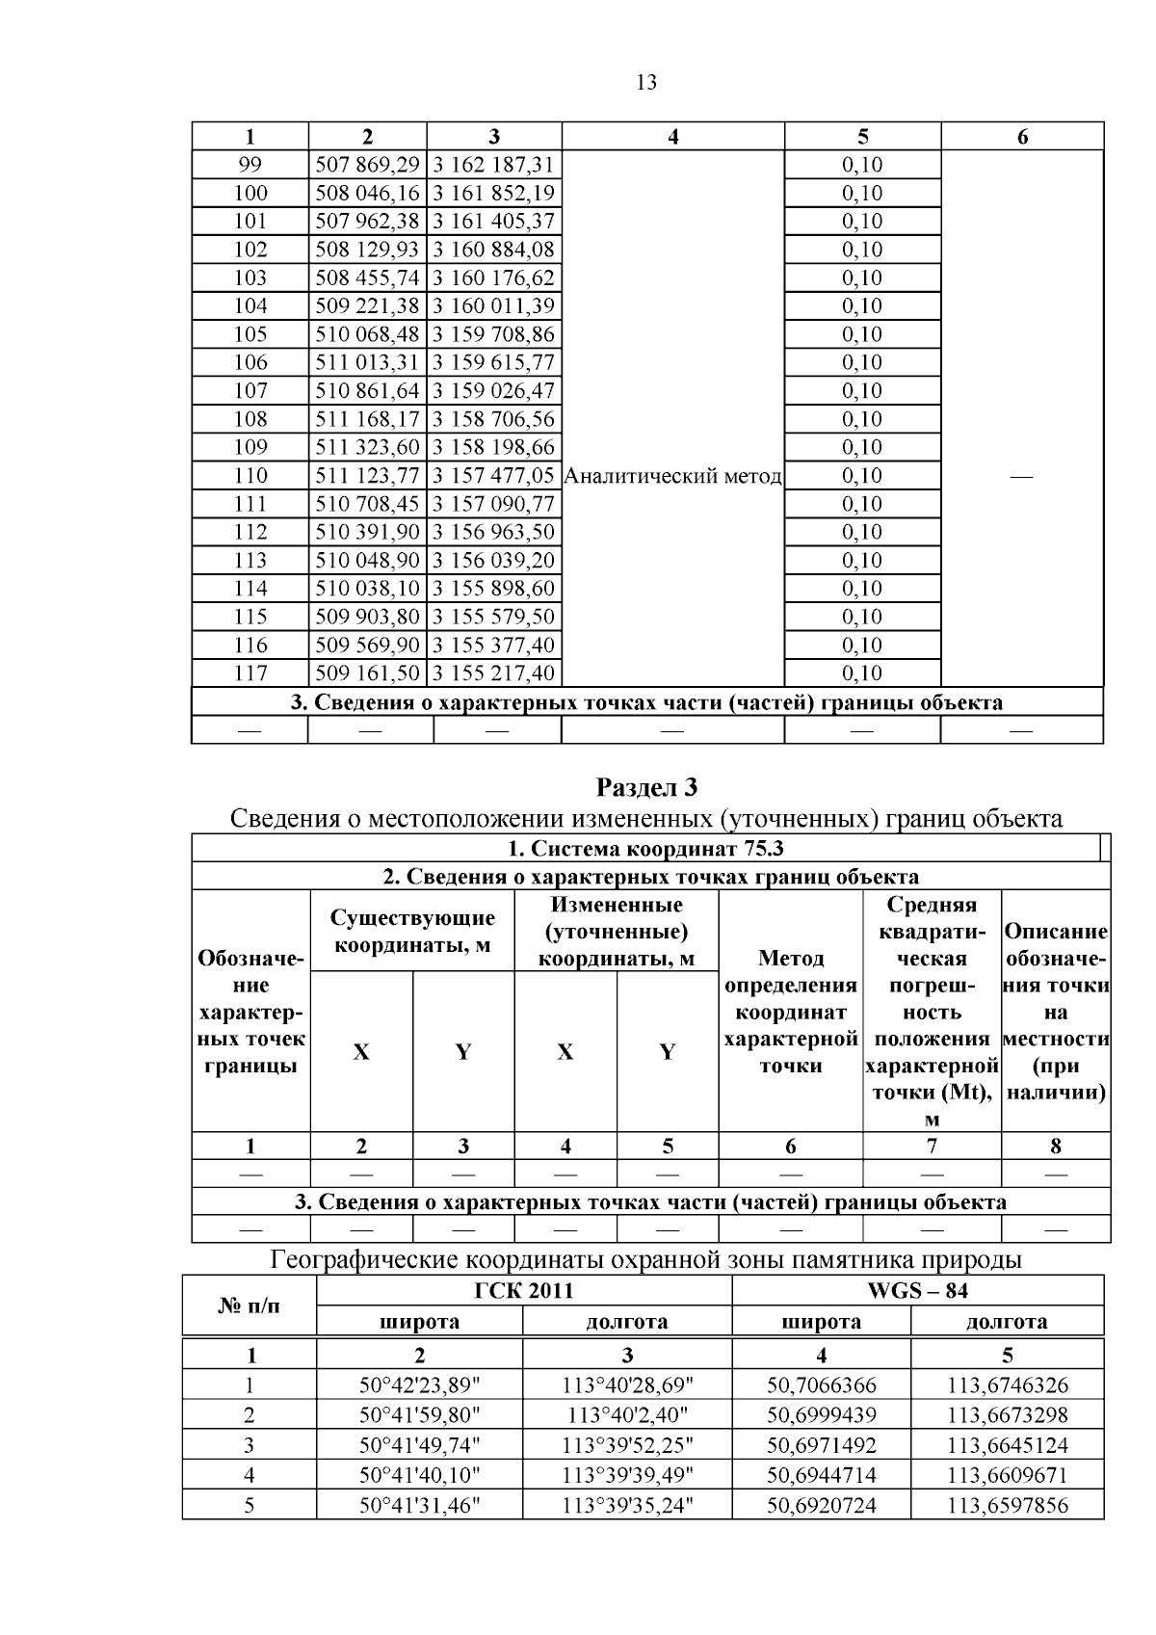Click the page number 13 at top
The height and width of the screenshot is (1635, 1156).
(x=646, y=83)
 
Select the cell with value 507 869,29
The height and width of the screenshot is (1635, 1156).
(x=368, y=165)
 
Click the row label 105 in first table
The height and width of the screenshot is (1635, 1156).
(x=250, y=334)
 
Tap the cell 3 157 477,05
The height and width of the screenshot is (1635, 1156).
(x=493, y=476)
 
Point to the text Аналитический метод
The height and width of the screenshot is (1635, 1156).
(x=672, y=476)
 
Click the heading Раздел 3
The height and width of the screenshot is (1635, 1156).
(x=646, y=787)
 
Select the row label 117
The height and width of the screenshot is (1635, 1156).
(x=250, y=673)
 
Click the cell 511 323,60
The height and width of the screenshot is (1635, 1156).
(x=368, y=447)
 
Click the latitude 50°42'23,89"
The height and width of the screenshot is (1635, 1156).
(x=419, y=1385)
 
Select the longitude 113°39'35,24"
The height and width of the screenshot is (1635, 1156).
(x=627, y=1505)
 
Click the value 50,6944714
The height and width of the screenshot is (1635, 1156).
(x=821, y=1475)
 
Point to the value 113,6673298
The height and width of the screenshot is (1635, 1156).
(x=1007, y=1415)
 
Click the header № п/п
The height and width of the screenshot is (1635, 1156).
(x=250, y=1305)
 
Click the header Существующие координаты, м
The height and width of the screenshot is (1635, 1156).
(x=412, y=932)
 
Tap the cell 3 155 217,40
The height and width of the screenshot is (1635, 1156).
(x=493, y=673)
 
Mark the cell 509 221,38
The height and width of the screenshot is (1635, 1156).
(x=368, y=306)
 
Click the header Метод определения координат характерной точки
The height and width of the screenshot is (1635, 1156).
(x=790, y=1012)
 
